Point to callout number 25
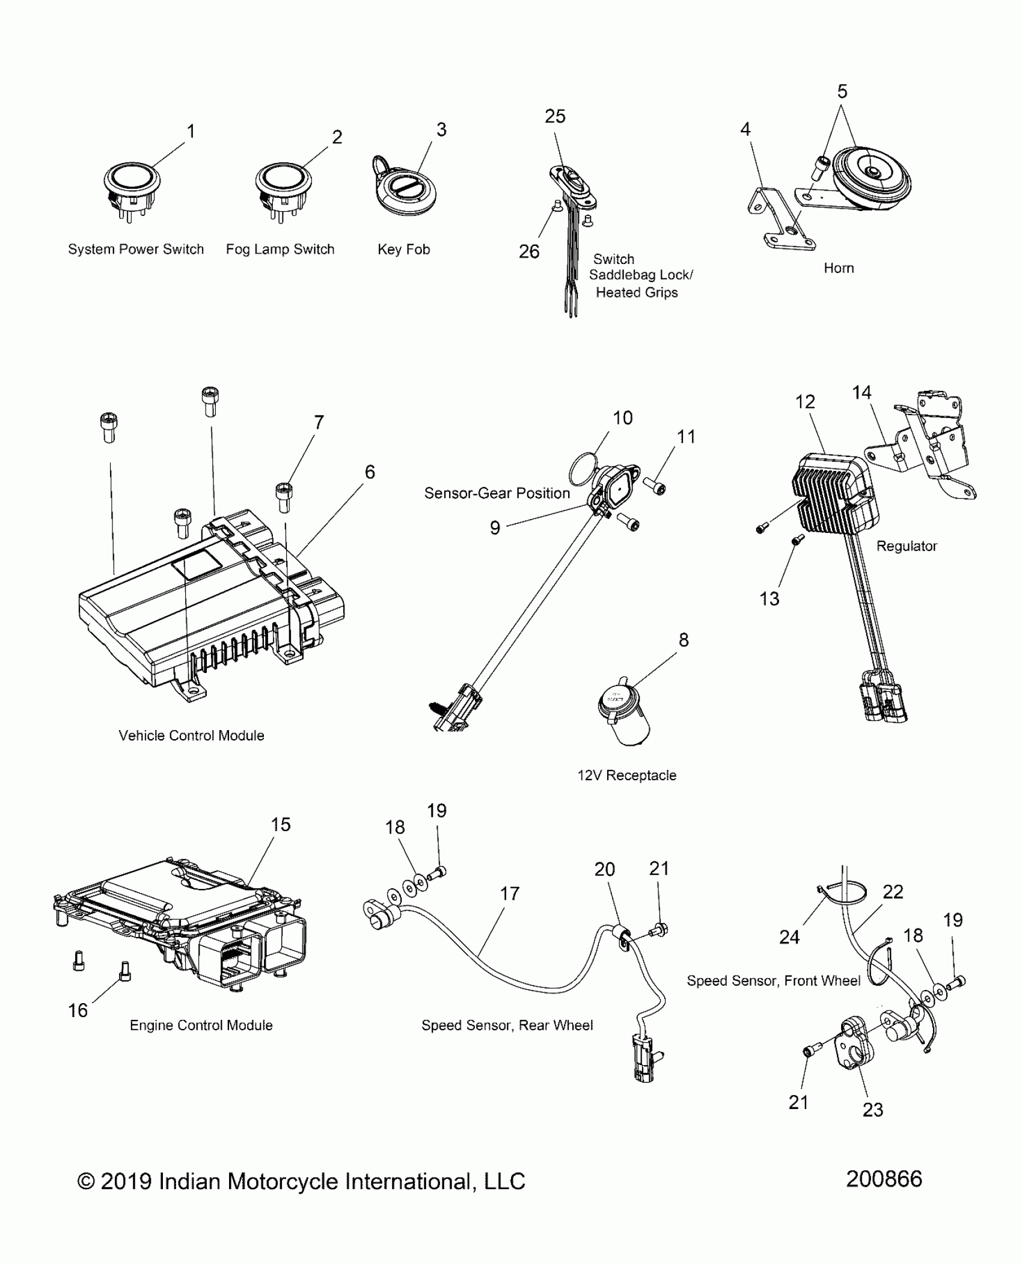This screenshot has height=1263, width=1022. pyautogui.click(x=555, y=117)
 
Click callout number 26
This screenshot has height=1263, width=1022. pyautogui.click(x=529, y=252)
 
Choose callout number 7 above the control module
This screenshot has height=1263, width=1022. pyautogui.click(x=319, y=423)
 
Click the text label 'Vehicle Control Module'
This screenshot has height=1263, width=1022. pyautogui.click(x=191, y=736)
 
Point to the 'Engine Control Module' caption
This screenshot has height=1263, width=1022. pyautogui.click(x=201, y=1025)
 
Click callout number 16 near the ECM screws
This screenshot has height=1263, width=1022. pyautogui.click(x=78, y=1010)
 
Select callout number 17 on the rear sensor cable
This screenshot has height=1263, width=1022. pyautogui.click(x=510, y=894)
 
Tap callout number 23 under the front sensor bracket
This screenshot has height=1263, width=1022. pyautogui.click(x=873, y=1110)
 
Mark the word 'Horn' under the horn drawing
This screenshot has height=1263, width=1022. pyautogui.click(x=839, y=268)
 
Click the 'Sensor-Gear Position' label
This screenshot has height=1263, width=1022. pyautogui.click(x=497, y=494)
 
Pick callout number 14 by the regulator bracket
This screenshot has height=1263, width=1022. pyautogui.click(x=861, y=393)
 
